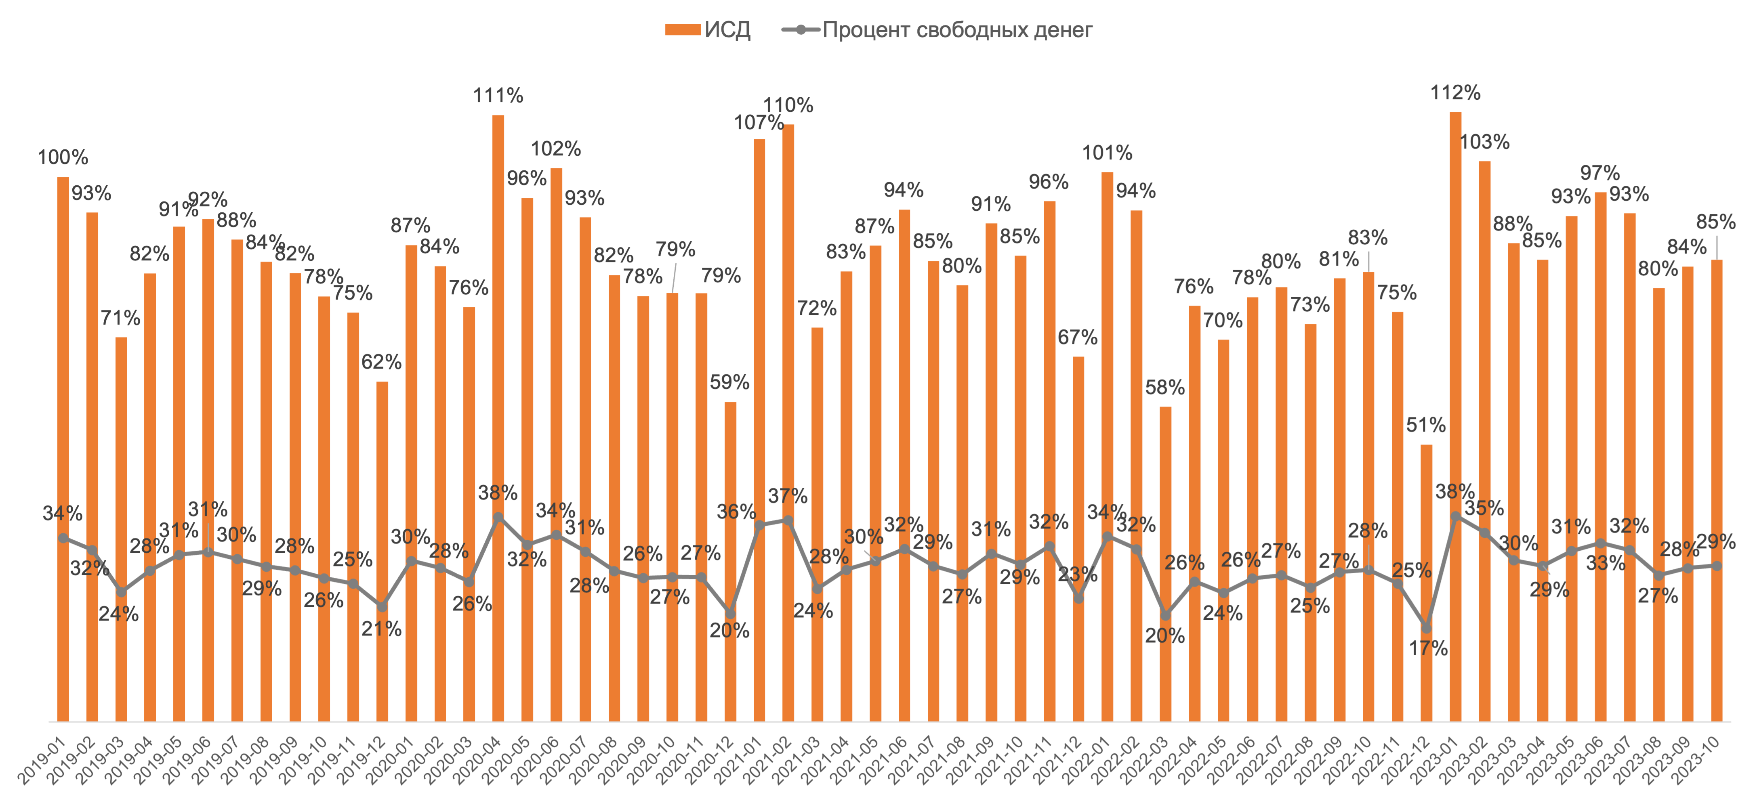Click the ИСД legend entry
click(708, 30)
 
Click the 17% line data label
click(1428, 648)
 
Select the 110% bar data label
click(788, 105)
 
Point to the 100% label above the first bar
click(63, 157)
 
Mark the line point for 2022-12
click(1427, 627)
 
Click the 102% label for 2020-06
click(556, 149)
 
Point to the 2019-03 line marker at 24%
click(121, 591)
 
